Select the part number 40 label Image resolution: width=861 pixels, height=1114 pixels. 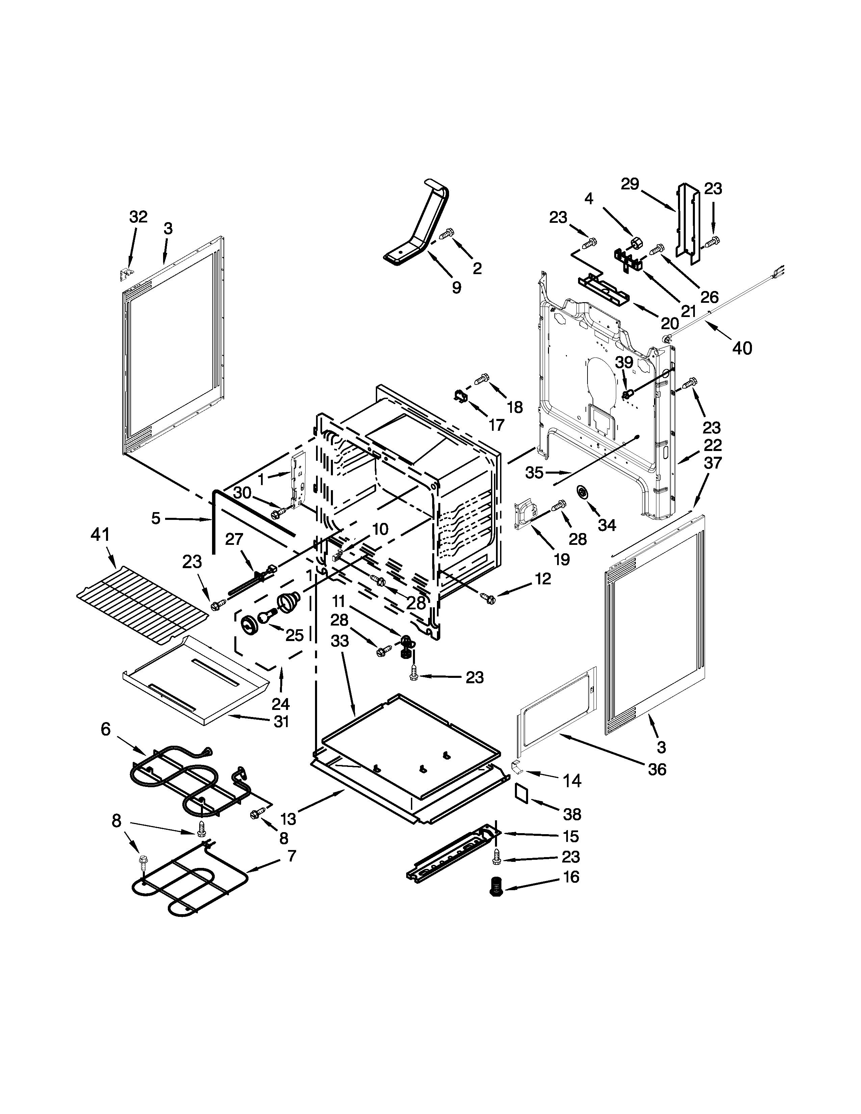tap(742, 348)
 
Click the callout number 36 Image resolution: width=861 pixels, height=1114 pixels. tap(657, 769)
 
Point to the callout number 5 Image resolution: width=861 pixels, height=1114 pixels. tap(156, 519)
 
